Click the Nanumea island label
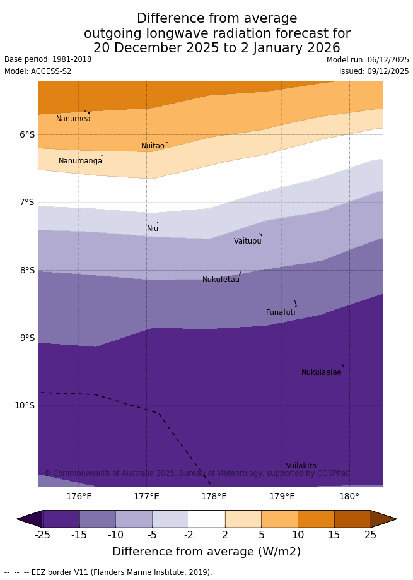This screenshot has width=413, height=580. coord(73,119)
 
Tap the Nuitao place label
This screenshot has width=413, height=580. coord(153,146)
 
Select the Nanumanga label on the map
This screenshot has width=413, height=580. coord(80,161)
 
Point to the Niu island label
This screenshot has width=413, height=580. coord(153,228)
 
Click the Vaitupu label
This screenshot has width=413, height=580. coord(247,241)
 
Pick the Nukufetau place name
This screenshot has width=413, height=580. coord(221,280)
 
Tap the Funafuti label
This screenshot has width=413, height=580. coord(281,312)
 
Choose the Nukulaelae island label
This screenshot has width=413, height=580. coord(321,372)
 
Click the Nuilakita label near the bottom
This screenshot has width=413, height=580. coord(301,466)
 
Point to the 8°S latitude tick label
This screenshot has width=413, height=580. coord(26,270)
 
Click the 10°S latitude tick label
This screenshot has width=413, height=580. coord(25,405)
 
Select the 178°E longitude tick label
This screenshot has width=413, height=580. coord(214,497)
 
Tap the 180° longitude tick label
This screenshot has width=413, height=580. coord(349,497)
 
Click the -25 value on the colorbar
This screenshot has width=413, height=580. coord(42,535)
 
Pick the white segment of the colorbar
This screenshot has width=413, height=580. coord(207,519)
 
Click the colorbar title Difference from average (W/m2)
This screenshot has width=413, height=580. coord(206,552)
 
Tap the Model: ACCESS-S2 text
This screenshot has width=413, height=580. coord(38,71)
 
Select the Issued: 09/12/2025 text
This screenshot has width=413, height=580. coord(374,71)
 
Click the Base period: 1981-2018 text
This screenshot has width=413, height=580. coord(48,59)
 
